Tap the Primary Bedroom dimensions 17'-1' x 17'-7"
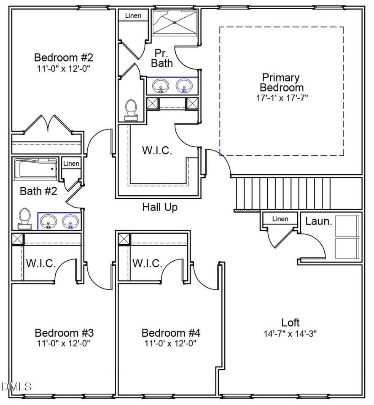click(x=281, y=98)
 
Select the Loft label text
click(x=291, y=323)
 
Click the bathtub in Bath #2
click(x=35, y=169)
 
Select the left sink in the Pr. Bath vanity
click(x=160, y=86)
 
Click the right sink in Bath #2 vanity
click(x=70, y=221)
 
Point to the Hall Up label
click(x=160, y=207)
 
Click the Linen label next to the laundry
click(x=280, y=219)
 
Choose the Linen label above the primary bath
click(x=133, y=16)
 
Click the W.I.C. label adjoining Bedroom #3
click(x=41, y=264)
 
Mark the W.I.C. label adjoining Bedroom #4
click(x=148, y=264)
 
